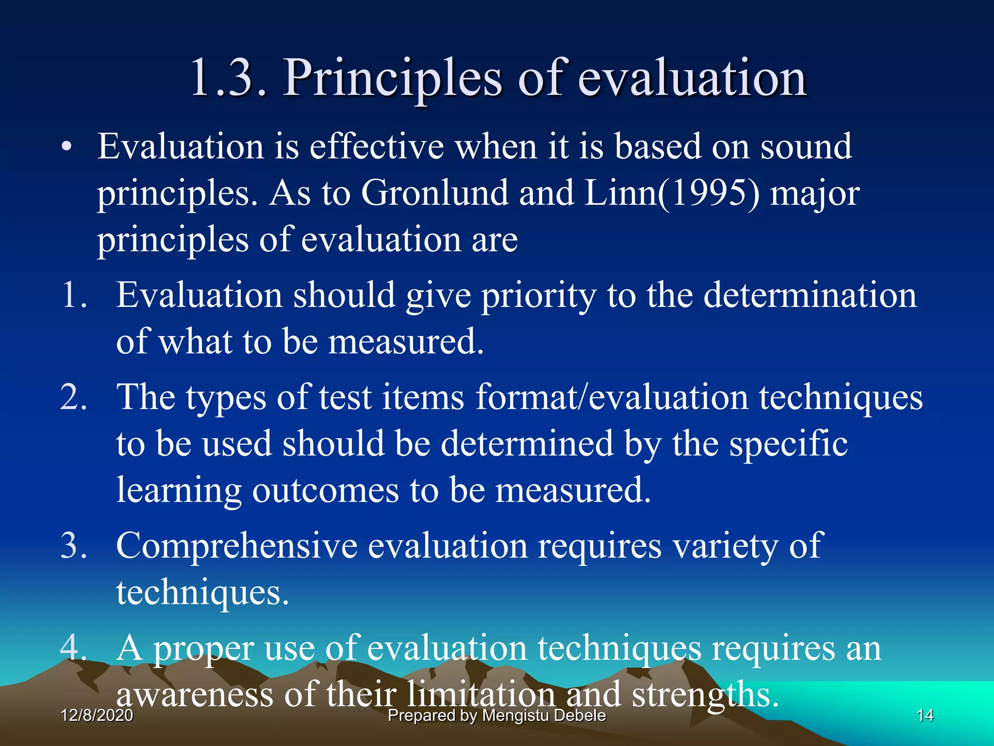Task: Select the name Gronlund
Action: point(434,193)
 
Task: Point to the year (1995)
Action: point(708,193)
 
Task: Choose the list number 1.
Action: point(74,295)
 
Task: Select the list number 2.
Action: point(74,397)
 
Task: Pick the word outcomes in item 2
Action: point(325,490)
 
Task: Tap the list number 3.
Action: point(74,545)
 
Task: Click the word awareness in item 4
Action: point(195,695)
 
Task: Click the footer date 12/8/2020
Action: point(97,715)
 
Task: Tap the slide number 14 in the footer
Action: point(925,715)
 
